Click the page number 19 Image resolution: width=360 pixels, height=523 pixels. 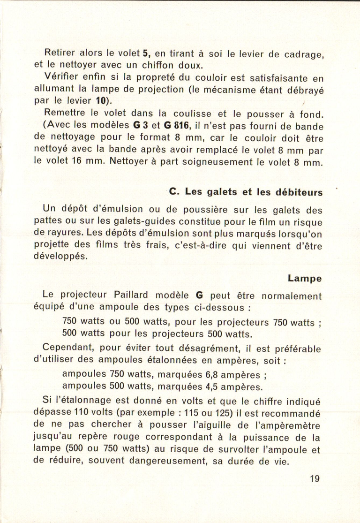point(314,479)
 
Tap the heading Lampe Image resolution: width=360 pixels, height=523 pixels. point(305,278)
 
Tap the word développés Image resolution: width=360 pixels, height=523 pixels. point(61,257)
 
